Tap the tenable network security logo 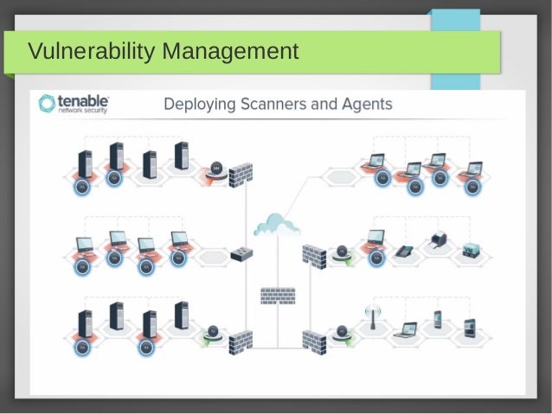pyautogui.click(x=74, y=105)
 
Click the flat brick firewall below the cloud pyautogui.click(x=277, y=296)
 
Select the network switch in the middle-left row pyautogui.click(x=241, y=255)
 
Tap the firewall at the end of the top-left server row pyautogui.click(x=241, y=177)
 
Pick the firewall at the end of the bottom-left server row pyautogui.click(x=241, y=341)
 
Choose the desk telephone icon pyautogui.click(x=403, y=252)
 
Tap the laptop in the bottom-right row pyautogui.click(x=407, y=329)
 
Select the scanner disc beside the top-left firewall pyautogui.click(x=215, y=169)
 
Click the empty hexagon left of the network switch pyautogui.click(x=210, y=258)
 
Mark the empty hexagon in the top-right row pyautogui.click(x=338, y=176)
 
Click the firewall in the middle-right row pyautogui.click(x=313, y=255)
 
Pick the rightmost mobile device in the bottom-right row pyautogui.click(x=470, y=327)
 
